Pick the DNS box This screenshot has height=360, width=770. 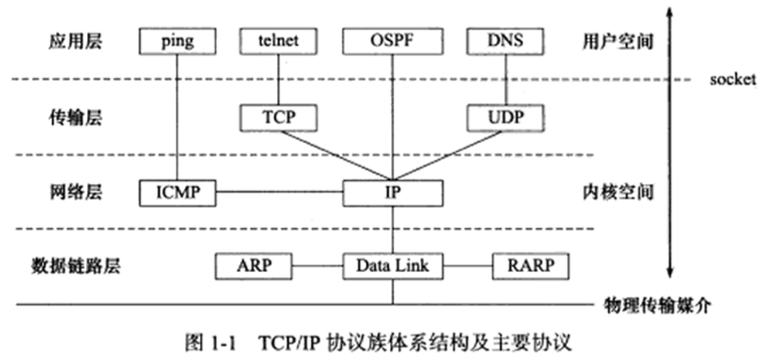tap(504, 40)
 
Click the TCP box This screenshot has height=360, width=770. tap(280, 115)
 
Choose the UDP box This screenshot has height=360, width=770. tap(505, 115)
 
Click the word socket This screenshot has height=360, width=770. tap(734, 78)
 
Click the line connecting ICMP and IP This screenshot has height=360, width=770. tap(280, 191)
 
